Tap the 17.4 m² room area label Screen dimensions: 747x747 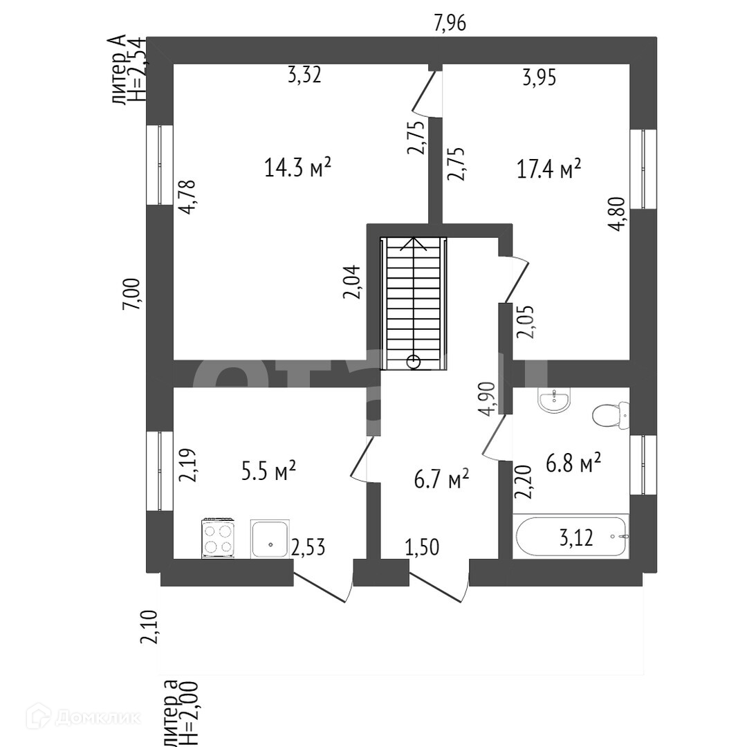point(549,169)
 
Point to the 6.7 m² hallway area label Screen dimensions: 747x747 point(441,478)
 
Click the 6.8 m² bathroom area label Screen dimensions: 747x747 point(573,462)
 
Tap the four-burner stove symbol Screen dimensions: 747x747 point(219,538)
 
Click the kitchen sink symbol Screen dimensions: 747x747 point(270,539)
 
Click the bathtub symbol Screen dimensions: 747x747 point(571,537)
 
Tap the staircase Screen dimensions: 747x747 point(414,302)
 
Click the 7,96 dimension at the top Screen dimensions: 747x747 point(450,24)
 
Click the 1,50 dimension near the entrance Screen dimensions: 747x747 point(422,548)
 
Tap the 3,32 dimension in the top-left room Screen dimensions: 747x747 point(304,75)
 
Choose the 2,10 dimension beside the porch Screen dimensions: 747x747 point(149,627)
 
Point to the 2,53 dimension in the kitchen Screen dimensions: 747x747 point(308,548)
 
